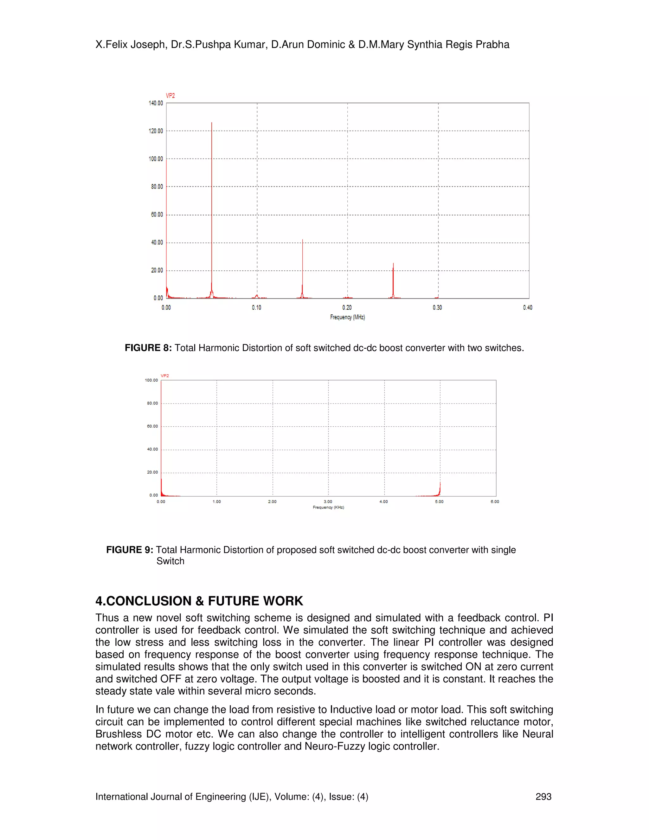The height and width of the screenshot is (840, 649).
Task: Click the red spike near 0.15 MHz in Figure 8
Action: pos(303,269)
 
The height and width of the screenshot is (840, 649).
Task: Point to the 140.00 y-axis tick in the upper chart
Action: pos(156,103)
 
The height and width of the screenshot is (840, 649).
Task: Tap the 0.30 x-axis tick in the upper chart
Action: pos(437,307)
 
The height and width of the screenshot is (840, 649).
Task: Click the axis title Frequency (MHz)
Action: pos(347,317)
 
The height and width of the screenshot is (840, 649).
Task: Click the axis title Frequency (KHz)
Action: pos(328,507)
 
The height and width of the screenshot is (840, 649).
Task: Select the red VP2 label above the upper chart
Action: pos(170,95)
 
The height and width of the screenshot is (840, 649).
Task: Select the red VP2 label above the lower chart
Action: pos(164,375)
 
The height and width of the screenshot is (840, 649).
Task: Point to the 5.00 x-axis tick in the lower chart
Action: pos(439,501)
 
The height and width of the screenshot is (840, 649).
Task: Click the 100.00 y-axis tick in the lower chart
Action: pos(151,380)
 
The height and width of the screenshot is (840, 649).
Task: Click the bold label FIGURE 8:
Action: pos(148,348)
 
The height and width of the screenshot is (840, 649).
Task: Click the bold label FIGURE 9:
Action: pos(130,550)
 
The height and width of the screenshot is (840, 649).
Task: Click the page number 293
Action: pos(543,797)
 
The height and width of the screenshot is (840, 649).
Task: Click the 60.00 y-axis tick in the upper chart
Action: pos(157,215)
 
